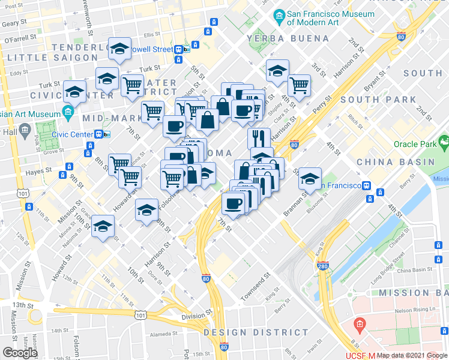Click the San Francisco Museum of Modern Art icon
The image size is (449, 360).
click(x=279, y=15)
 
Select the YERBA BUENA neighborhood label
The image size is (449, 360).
click(x=288, y=38)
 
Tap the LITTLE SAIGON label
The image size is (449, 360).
click(x=52, y=58)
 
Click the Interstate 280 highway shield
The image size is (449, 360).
click(x=322, y=264)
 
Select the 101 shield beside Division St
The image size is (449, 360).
click(x=140, y=314)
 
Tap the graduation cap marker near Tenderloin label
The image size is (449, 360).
click(x=119, y=48)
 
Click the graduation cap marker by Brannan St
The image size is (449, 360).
click(x=310, y=178)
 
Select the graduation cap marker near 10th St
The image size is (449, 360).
click(x=103, y=226)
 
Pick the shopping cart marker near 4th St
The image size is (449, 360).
click(x=298, y=84)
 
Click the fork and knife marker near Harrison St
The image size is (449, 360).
click(x=259, y=137)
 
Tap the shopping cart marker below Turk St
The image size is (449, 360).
click(x=132, y=85)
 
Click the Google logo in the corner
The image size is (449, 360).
click(x=20, y=353)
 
